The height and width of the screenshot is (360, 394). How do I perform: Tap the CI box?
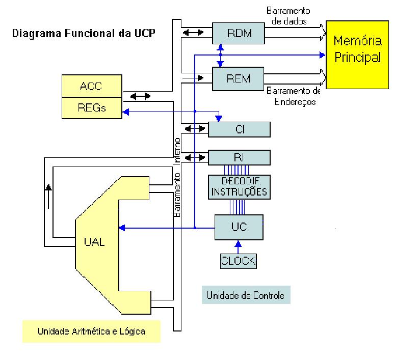pyautogui.click(x=239, y=130)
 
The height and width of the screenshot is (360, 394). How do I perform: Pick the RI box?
pyautogui.click(x=239, y=157)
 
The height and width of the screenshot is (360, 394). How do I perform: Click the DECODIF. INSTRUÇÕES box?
pyautogui.click(x=239, y=187)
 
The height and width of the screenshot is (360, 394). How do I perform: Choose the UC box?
pyautogui.click(x=239, y=227)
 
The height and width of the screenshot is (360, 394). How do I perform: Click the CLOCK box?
pyautogui.click(x=238, y=261)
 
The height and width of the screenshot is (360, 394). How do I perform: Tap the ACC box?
pyautogui.click(x=91, y=86)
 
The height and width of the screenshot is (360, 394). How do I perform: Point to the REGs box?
pyautogui.click(x=91, y=107)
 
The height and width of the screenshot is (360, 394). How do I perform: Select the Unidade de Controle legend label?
pyautogui.click(x=246, y=295)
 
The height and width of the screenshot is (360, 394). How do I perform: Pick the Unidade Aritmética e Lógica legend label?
pyautogui.click(x=91, y=331)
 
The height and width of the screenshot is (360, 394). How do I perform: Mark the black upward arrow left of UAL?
pyautogui.click(x=49, y=193)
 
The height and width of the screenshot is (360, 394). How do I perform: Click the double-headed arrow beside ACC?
pyautogui.click(x=140, y=95)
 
